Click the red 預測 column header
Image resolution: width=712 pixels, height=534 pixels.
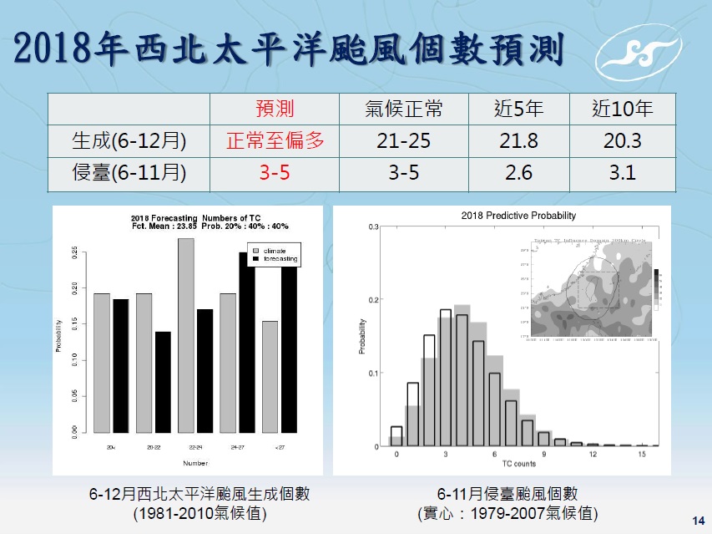click(x=275, y=109)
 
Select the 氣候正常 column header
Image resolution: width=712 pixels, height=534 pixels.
click(x=404, y=109)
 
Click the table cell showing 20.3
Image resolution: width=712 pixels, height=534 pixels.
click(x=622, y=141)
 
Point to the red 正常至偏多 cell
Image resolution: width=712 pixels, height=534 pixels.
click(x=275, y=141)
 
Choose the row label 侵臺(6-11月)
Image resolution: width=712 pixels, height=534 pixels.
click(x=129, y=174)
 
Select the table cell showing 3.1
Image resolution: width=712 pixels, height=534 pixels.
click(x=622, y=174)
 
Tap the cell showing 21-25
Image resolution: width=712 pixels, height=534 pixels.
click(x=404, y=141)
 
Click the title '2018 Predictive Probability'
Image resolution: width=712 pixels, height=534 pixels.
click(x=518, y=216)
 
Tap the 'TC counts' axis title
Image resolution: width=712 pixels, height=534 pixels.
click(x=519, y=464)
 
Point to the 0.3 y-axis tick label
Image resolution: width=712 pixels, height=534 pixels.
click(x=375, y=226)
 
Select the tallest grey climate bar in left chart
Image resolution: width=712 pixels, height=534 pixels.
click(x=185, y=334)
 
